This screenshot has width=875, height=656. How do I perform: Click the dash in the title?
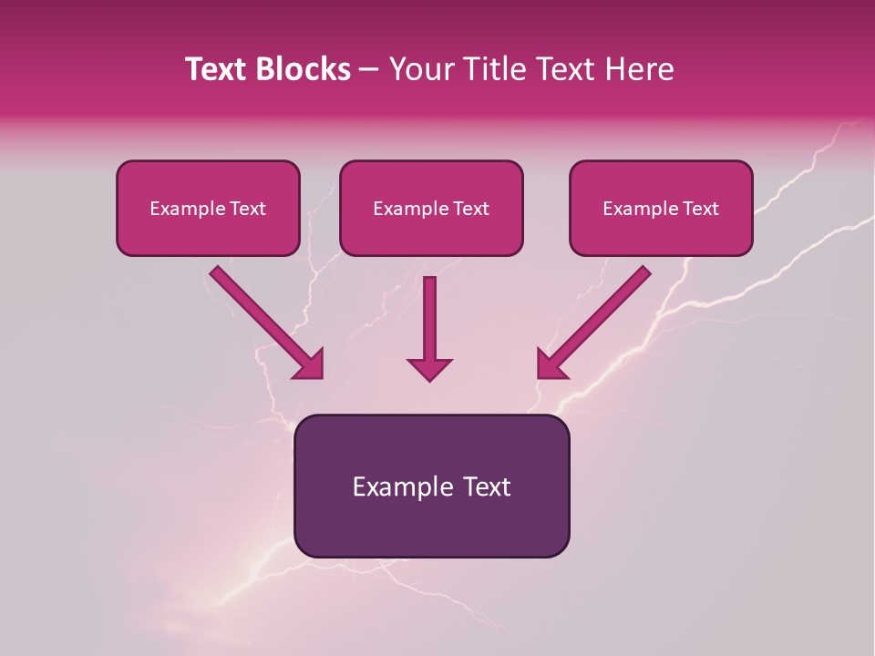click(369, 70)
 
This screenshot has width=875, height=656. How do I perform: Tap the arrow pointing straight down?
click(429, 319)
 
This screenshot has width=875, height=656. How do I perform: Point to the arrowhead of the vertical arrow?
click(429, 369)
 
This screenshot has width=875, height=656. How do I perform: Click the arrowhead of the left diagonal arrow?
click(310, 364)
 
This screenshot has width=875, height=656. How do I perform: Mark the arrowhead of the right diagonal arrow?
click(551, 364)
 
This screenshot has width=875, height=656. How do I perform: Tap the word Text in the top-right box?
click(700, 209)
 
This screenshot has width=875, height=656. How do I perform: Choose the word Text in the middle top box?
click(470, 209)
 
